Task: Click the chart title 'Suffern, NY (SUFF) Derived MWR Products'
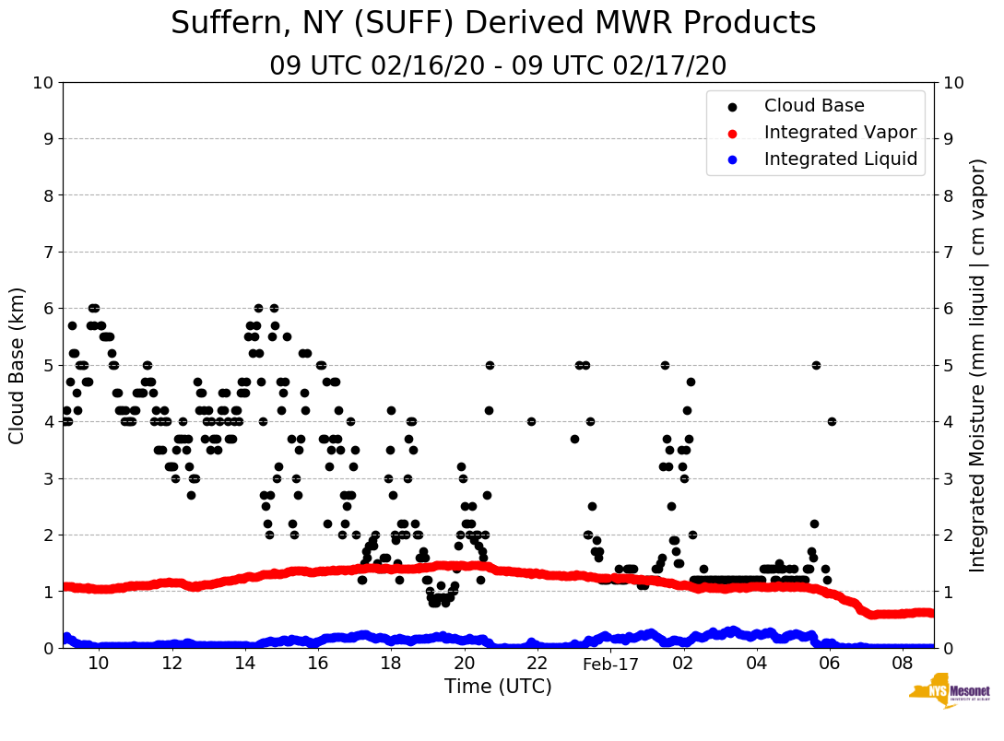[x=493, y=23]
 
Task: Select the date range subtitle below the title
[x=498, y=66]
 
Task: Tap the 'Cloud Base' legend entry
[x=814, y=106]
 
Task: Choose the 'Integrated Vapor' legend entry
[x=840, y=133]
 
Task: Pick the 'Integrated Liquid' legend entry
[x=841, y=159]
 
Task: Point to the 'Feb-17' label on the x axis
[x=610, y=665]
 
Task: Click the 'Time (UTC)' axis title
[x=498, y=687]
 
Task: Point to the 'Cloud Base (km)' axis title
[x=18, y=365]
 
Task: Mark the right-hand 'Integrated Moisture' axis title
[x=977, y=365]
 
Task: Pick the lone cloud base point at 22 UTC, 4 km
[x=531, y=421]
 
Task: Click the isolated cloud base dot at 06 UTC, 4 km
[x=832, y=421]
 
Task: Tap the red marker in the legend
[x=733, y=133]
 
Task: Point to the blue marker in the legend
[x=733, y=159]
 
